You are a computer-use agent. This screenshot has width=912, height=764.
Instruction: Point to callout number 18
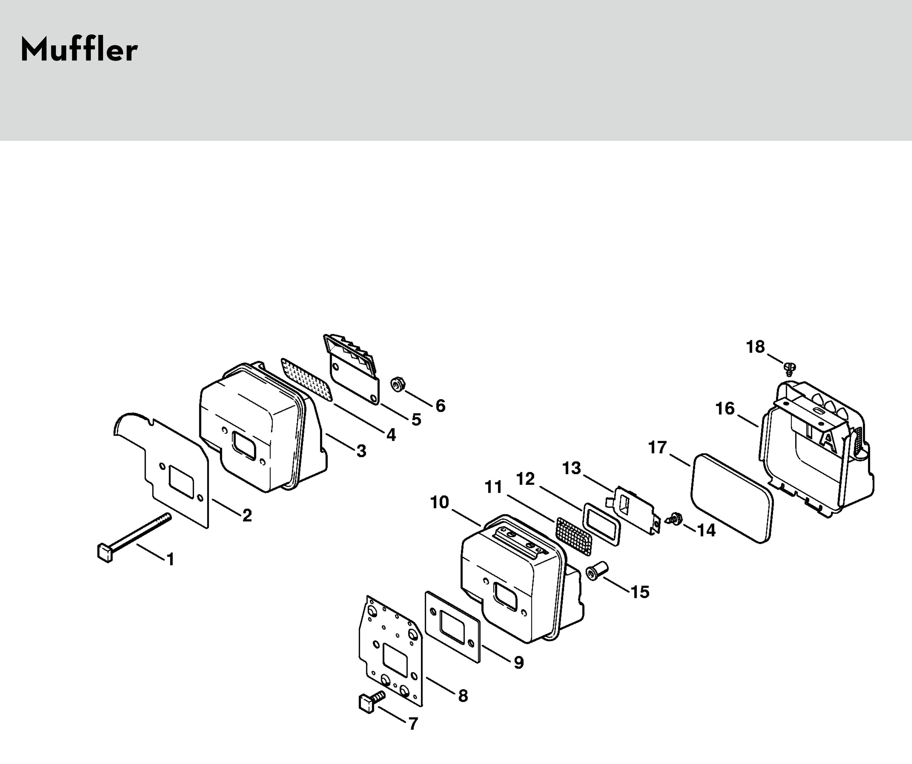(x=755, y=347)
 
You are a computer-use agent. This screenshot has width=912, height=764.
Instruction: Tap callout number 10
(x=439, y=502)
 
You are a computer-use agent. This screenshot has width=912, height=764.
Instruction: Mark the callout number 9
(x=519, y=662)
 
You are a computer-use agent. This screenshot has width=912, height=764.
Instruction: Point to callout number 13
(x=572, y=468)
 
